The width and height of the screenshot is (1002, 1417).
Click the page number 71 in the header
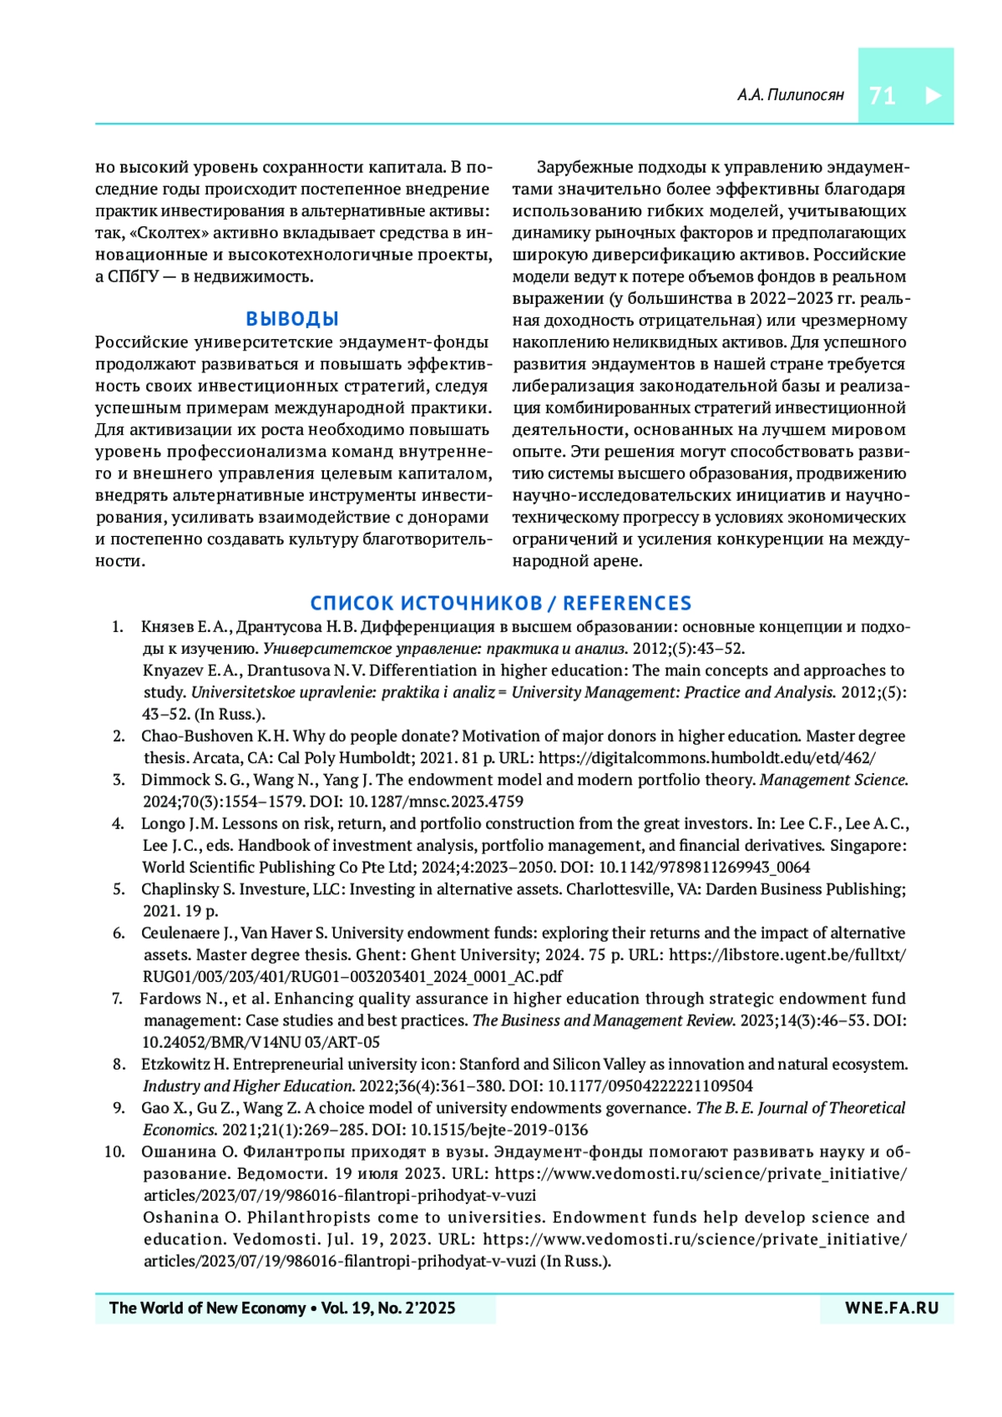point(882,96)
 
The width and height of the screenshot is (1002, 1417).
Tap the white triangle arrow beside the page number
point(934,95)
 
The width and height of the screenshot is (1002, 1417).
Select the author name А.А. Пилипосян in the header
point(790,95)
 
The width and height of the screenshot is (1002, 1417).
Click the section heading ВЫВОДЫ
point(292,319)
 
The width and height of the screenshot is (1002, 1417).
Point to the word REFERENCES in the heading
point(627,603)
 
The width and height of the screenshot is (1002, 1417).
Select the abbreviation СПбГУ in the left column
point(133,276)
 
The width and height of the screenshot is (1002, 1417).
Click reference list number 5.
point(119,889)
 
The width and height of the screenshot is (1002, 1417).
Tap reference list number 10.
point(114,1152)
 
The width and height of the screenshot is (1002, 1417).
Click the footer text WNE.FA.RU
point(892,1308)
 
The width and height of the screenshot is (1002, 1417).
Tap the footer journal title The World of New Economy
point(208,1308)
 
